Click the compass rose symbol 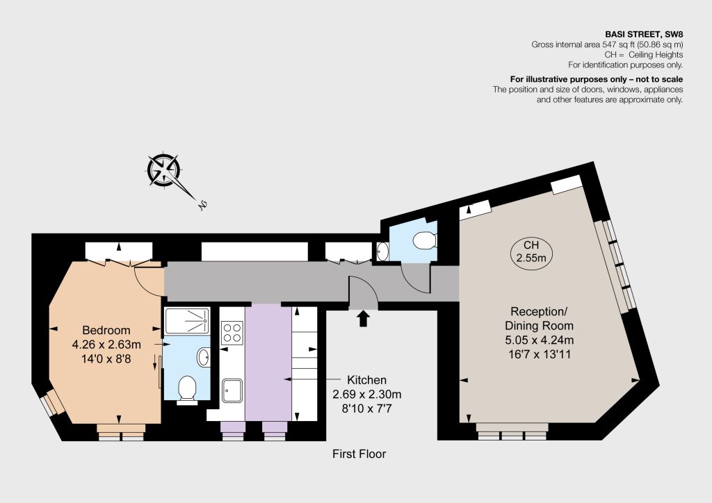tap(164, 170)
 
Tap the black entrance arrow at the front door tap(363, 318)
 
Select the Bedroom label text tap(106, 330)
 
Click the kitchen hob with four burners tap(232, 333)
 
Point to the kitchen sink tap(232, 390)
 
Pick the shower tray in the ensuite tap(187, 321)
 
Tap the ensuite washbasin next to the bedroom tap(204, 357)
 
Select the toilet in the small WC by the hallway tap(425, 240)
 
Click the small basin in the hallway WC tap(383, 251)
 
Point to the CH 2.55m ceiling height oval tap(532, 251)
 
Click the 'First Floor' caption tap(359, 454)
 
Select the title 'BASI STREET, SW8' tap(645, 34)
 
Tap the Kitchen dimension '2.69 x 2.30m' tap(367, 395)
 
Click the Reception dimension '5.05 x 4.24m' tap(540, 340)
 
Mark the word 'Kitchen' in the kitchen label tap(367, 379)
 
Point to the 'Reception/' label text tap(539, 312)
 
